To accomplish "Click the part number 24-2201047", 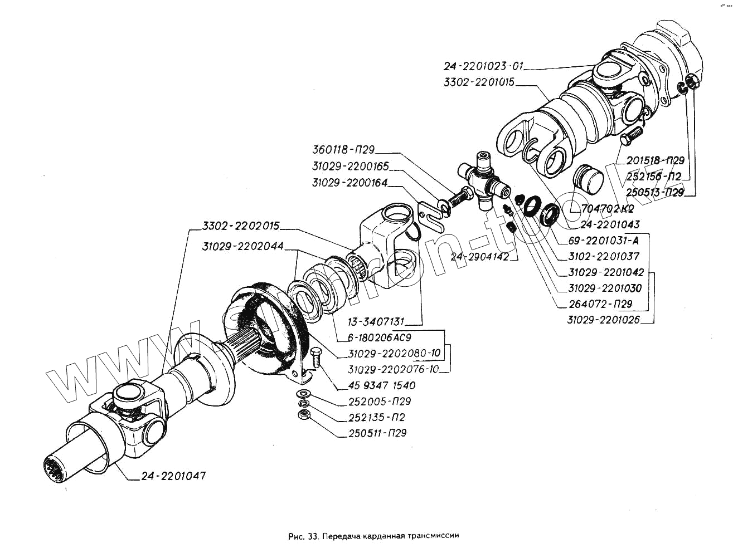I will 173,476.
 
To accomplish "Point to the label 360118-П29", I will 343,150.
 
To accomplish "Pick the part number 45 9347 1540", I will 381,385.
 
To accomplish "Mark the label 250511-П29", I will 377,433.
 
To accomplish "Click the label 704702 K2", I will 607,210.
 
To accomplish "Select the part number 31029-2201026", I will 603,320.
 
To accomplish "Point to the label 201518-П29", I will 654,161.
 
